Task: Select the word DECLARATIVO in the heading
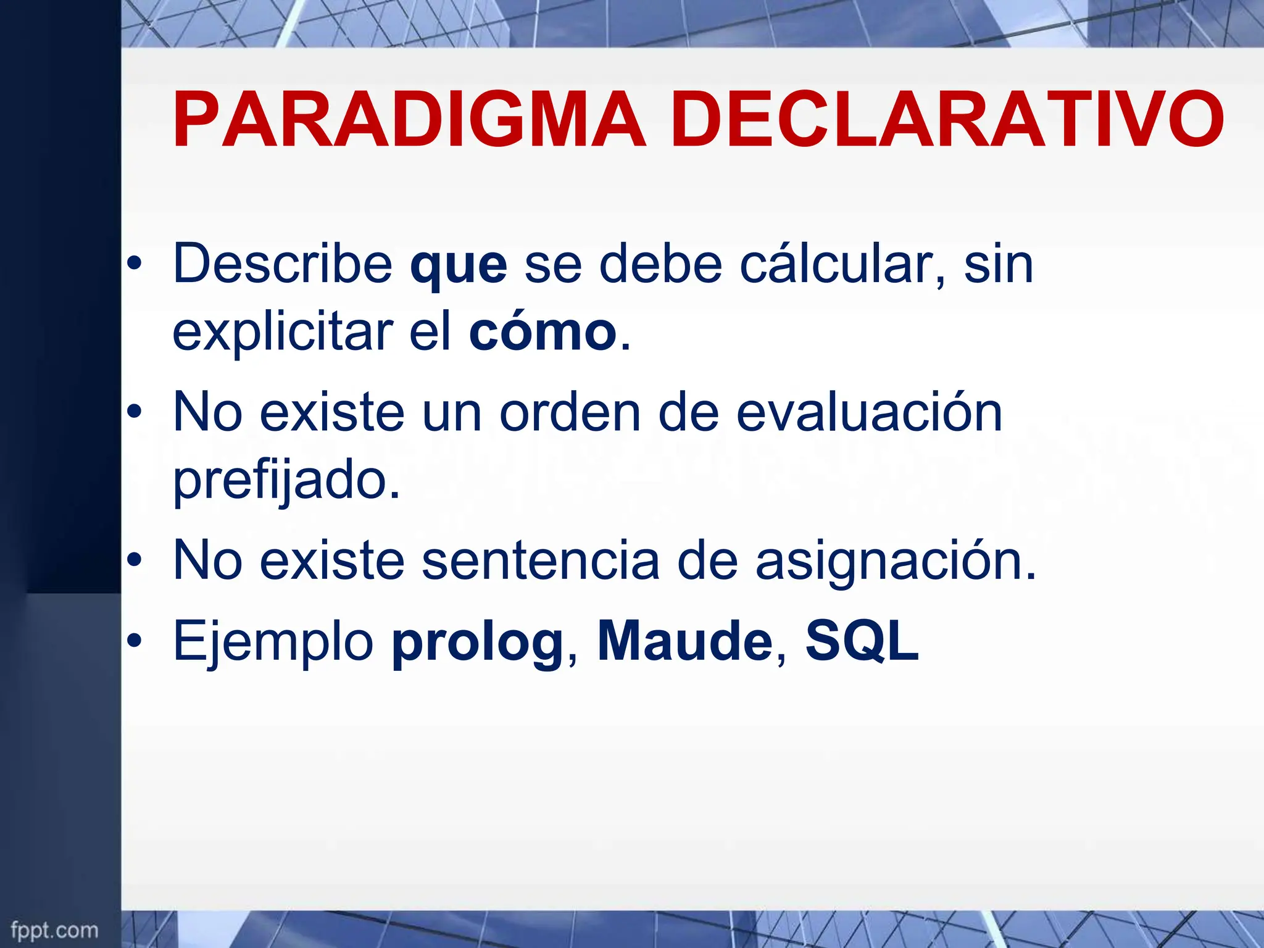click(947, 120)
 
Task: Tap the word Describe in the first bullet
click(283, 264)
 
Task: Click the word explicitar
click(283, 333)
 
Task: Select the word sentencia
click(540, 560)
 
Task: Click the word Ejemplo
click(273, 642)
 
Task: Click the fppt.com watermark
click(54, 929)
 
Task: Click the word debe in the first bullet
click(660, 264)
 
